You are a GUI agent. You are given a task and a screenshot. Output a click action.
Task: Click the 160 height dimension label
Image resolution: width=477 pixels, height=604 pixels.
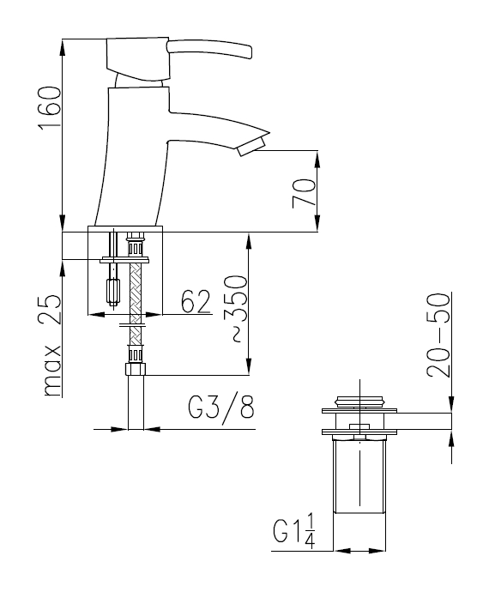[49, 108]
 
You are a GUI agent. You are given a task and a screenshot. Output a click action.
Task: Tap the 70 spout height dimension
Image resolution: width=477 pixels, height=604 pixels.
[304, 193]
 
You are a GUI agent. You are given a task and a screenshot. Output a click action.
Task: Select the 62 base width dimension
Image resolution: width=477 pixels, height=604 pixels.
[196, 301]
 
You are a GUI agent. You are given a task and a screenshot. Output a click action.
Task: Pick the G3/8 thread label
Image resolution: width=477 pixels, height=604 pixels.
[220, 408]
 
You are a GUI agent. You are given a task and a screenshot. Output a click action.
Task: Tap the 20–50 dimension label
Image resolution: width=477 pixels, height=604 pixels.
[438, 335]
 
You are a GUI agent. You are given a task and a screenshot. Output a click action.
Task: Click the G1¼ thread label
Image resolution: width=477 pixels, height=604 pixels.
[294, 531]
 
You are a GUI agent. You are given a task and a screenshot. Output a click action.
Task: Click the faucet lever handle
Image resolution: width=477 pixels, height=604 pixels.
[209, 49]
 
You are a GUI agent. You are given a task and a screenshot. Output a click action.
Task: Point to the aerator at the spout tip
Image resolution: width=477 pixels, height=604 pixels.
[251, 147]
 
